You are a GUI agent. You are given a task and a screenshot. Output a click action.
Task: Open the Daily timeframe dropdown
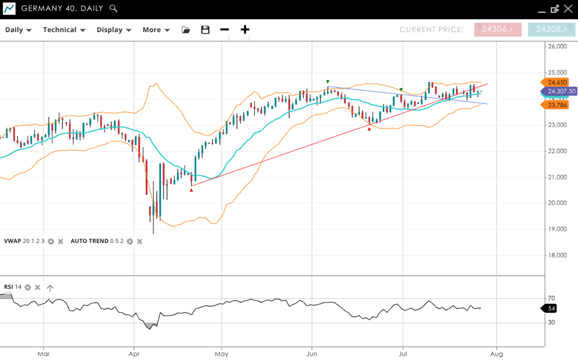pos(18,30)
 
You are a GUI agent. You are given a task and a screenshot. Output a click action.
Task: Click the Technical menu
pos(64,30)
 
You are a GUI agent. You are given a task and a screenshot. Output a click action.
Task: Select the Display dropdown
pos(114,30)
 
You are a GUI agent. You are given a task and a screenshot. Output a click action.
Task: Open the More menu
pos(156,30)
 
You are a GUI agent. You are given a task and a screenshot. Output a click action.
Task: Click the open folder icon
pos(186,30)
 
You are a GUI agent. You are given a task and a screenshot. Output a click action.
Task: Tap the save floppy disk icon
pos(205,30)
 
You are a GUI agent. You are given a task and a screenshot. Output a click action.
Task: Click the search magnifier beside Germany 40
pos(113,9)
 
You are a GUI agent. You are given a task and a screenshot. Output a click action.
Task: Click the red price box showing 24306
pos(498,30)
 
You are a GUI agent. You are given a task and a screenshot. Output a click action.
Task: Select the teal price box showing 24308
pos(551,30)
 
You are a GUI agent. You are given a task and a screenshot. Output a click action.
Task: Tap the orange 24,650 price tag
pos(556,82)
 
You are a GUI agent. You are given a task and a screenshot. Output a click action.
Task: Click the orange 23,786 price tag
pos(556,105)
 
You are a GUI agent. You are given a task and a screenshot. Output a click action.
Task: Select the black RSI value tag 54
pos(551,308)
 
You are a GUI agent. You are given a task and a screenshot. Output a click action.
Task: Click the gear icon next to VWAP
pos(51,241)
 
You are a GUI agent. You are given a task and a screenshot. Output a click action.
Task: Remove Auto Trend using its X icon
pos(139,241)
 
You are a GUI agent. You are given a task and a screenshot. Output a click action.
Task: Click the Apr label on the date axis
pos(133,354)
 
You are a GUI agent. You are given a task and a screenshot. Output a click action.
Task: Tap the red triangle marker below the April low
pos(191,190)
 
